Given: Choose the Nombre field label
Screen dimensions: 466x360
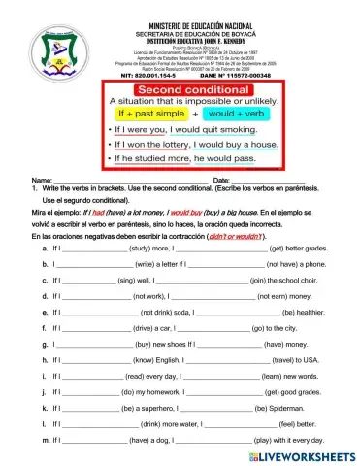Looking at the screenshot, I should [42, 181].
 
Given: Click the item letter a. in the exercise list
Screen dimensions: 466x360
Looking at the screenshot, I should [45, 248].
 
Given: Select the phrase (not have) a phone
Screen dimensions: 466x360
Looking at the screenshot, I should [297, 264].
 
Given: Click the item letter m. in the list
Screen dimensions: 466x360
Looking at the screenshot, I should [46, 440].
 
